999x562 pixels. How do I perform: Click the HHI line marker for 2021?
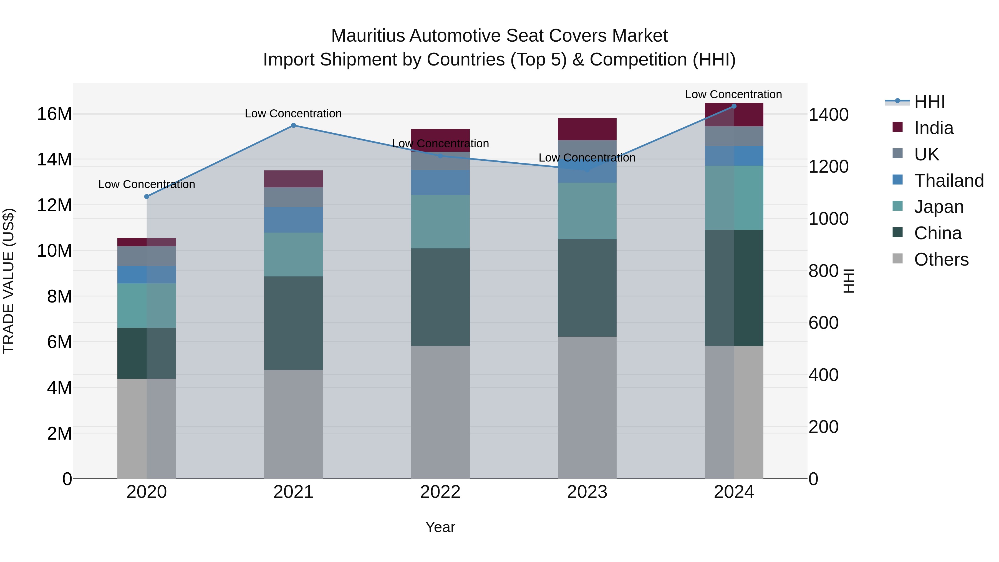coord(293,125)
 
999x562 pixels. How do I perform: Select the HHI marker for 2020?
coord(147,197)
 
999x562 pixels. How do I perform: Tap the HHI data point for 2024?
coord(734,106)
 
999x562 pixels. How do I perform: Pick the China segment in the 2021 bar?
coord(293,323)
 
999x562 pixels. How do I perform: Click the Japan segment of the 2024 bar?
coord(734,198)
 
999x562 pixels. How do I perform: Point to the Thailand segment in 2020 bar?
coord(147,274)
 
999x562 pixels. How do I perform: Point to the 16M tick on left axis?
coord(54,114)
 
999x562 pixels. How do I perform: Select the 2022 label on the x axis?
coord(440,492)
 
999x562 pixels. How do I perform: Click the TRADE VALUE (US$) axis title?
coord(9,281)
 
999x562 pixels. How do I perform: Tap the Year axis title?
coord(440,527)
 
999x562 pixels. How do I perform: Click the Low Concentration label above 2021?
coord(293,114)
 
